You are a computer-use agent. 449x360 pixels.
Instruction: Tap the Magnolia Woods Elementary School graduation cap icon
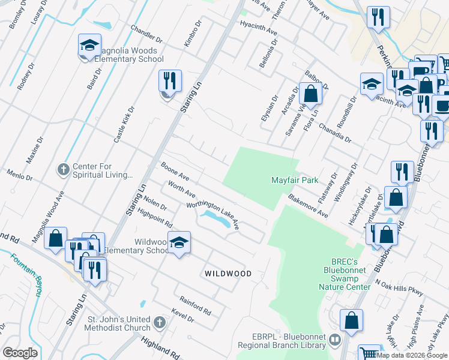coord(89,46)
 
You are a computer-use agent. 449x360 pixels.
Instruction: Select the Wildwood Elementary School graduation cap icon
coord(178,243)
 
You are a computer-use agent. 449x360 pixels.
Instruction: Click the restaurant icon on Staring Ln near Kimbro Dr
coord(170,82)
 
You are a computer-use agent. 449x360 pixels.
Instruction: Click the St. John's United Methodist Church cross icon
coord(159,323)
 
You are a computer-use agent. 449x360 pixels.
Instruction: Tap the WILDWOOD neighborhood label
coord(228,274)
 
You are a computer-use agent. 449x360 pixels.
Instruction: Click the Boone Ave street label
coord(175,170)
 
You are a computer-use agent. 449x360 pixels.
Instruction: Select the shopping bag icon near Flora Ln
coord(310,95)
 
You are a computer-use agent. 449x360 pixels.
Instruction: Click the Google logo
coord(20,353)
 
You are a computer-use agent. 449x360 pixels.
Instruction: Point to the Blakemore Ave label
coord(308,205)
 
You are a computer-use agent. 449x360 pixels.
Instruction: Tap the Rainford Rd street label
coord(196,305)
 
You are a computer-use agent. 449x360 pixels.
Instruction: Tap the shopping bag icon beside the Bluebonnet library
coord(351,322)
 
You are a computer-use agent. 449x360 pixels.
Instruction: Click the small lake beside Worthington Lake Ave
coord(217,219)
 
